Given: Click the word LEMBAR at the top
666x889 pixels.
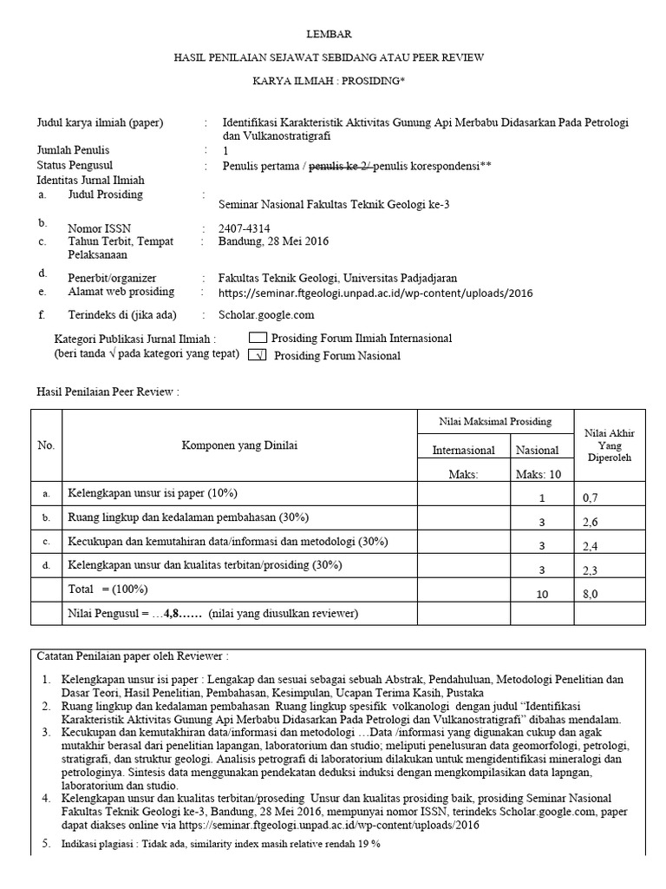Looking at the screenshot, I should click(332, 34).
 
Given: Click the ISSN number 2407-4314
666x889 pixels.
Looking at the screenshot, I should click(245, 229).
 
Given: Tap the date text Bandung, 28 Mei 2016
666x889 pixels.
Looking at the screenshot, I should click(273, 241).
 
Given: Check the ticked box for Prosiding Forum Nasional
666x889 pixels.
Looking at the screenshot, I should click(258, 355).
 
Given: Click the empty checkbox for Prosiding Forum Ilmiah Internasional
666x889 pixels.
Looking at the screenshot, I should click(258, 338).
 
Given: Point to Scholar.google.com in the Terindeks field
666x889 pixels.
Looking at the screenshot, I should click(267, 315).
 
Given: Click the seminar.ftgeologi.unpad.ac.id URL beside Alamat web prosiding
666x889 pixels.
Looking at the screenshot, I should click(376, 293).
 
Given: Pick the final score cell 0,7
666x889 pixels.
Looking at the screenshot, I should click(591, 498).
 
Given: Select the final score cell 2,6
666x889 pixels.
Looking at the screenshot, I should click(591, 522).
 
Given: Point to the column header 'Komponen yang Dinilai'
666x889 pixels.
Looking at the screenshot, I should click(238, 445).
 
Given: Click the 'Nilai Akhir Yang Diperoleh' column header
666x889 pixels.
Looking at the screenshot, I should click(610, 444).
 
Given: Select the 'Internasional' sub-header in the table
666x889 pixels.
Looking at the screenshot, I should click(463, 450).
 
